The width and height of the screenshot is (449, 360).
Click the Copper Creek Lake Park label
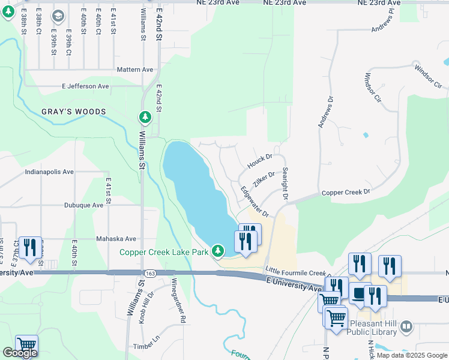pyautogui.click(x=163, y=252)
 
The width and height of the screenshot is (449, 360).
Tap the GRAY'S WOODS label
pyautogui.click(x=74, y=112)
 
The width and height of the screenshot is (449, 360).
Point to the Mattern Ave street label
pyautogui.click(x=136, y=70)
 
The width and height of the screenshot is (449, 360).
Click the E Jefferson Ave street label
pyautogui.click(x=85, y=86)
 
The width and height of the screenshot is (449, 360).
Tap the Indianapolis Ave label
pyautogui.click(x=49, y=172)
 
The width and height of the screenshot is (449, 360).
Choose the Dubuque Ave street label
pyautogui.click(x=84, y=205)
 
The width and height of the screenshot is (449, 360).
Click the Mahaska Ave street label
pyautogui.click(x=116, y=239)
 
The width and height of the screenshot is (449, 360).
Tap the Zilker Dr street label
pyautogui.click(x=264, y=179)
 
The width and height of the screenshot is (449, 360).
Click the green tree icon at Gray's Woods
pyautogui.click(x=145, y=116)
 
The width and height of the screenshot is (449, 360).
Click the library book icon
pyautogui.click(x=407, y=326)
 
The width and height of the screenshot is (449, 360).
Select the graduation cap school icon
pyautogui.click(x=58, y=16)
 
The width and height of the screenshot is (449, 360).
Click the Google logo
pyautogui.click(x=20, y=353)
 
